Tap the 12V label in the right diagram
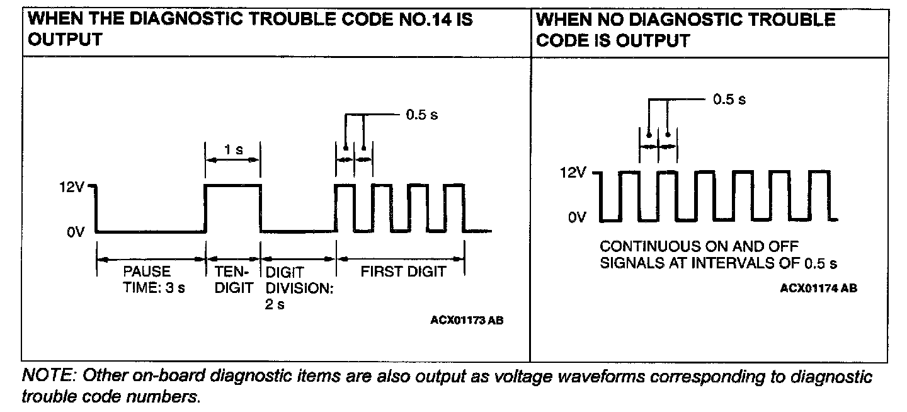[x=572, y=173]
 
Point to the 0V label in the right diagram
[x=577, y=218]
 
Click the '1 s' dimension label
[x=233, y=150]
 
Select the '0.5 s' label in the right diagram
[x=729, y=100]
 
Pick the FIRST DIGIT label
[x=402, y=272]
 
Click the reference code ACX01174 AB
[x=818, y=288]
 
